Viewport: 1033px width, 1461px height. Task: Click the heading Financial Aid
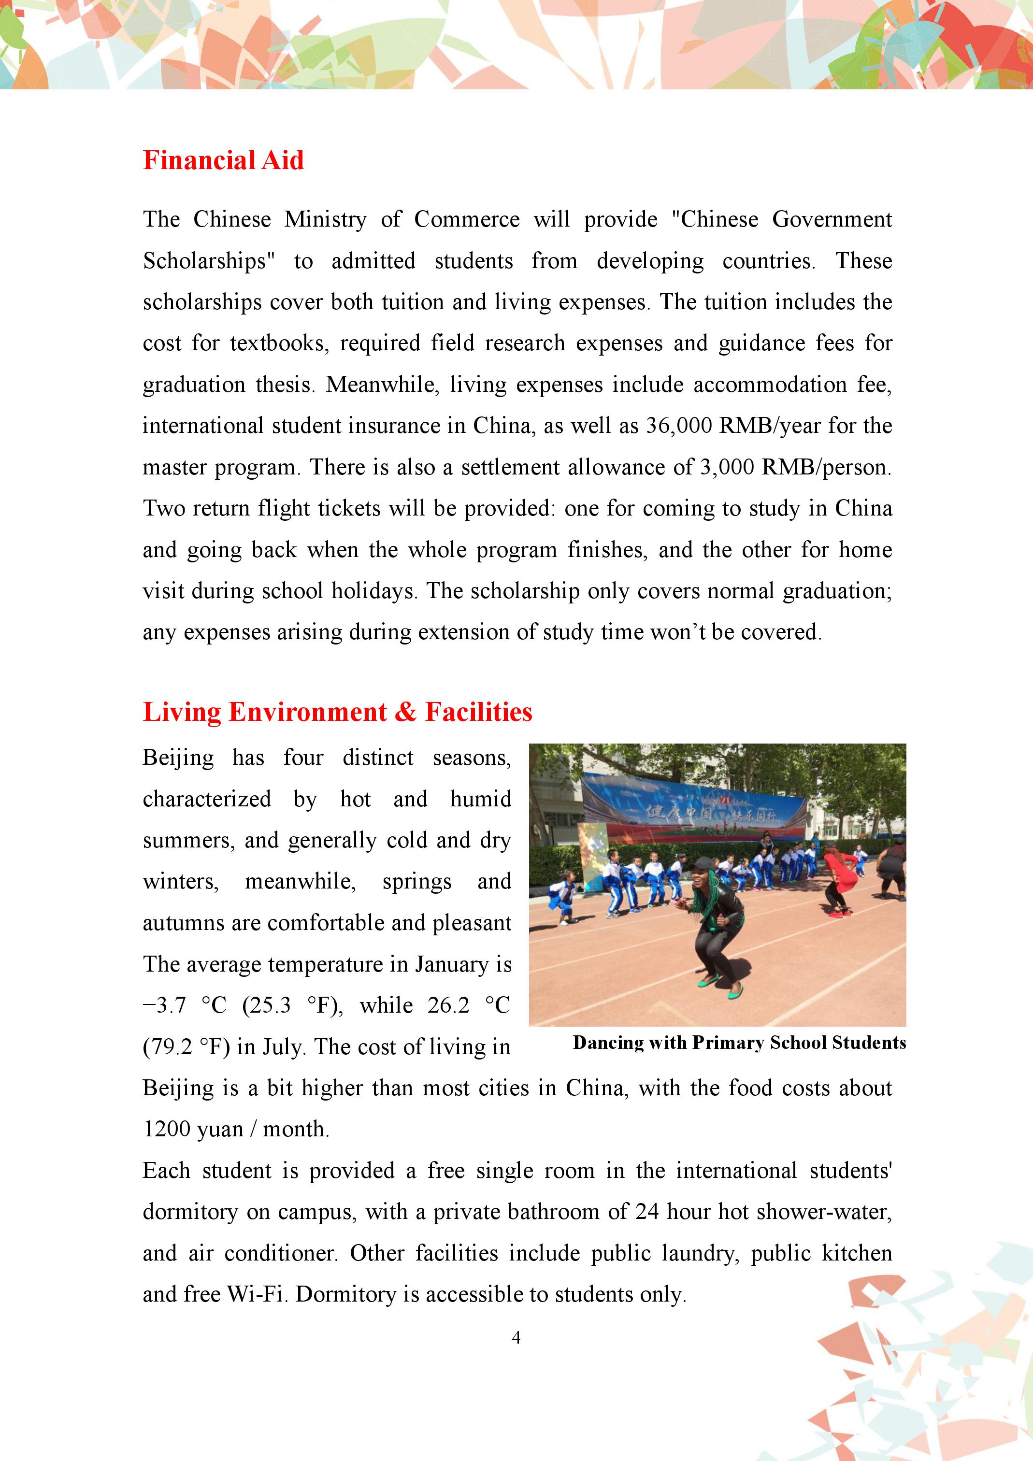tap(223, 160)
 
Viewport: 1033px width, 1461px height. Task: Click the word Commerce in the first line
tap(467, 219)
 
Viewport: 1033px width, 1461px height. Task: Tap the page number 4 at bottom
tap(516, 1337)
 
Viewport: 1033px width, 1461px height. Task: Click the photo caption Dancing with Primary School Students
tap(739, 1042)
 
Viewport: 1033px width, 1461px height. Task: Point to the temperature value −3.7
tap(165, 1005)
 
